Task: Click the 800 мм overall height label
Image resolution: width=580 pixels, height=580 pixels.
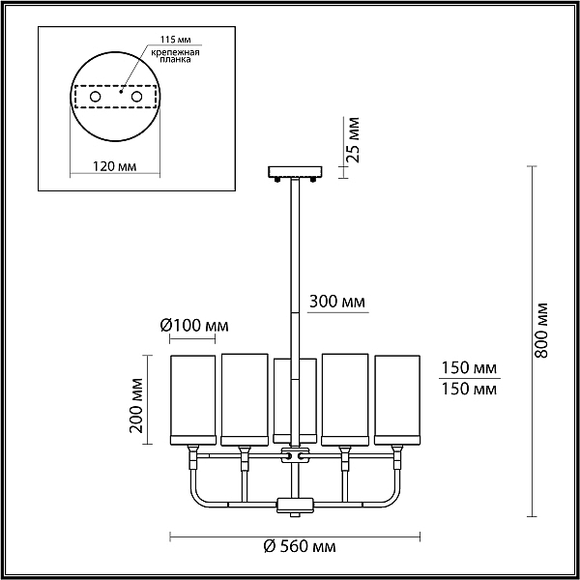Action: coord(541,330)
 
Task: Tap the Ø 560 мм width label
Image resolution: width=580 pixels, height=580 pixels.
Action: coord(300,546)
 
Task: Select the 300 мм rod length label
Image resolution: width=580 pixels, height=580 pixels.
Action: coord(337,302)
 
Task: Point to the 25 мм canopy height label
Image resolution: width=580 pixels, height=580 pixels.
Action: coord(354,140)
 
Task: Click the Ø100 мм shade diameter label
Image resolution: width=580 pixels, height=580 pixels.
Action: coord(194,326)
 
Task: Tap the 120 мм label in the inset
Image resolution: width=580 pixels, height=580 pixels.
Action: coord(114,166)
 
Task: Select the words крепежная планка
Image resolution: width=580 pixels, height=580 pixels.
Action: coord(175,55)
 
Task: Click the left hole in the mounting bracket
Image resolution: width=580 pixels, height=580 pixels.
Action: coord(96,97)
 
